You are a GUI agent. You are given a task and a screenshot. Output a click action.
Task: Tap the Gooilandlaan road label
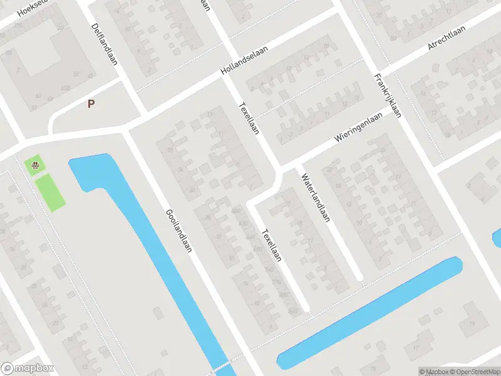pos(178,231)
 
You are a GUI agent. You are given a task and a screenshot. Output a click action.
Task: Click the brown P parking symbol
pos(91,104)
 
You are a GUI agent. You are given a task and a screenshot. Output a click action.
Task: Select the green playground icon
pos(36,165)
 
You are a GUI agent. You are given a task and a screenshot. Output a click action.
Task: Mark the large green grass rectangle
pos(49,192)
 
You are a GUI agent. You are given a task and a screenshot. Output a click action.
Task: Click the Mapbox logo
pos(28,368)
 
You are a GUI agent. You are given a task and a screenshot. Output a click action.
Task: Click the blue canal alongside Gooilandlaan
pos(157,251)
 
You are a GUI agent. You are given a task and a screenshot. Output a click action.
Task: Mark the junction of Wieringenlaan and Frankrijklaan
pos(394,118)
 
